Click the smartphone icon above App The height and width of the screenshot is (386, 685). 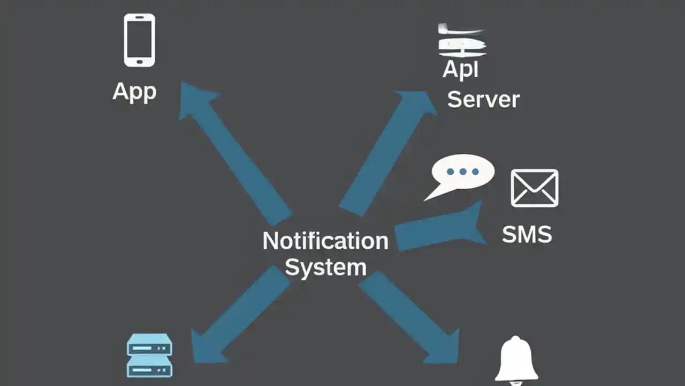tap(140, 40)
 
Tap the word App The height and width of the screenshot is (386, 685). tap(134, 92)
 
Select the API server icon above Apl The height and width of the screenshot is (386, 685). tap(462, 41)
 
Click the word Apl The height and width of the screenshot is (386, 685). tap(461, 70)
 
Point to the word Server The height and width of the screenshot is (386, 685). tap(483, 100)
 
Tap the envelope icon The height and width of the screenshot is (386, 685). tap(534, 188)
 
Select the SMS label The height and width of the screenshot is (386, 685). tap(527, 235)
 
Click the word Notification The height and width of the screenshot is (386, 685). tap(325, 241)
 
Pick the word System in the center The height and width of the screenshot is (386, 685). tap(325, 267)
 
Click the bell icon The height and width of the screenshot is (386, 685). tap(516, 359)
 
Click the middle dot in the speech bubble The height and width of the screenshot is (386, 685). tap(463, 172)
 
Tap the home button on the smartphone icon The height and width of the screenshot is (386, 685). tap(140, 61)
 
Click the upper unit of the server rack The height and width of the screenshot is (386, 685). tap(149, 346)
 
